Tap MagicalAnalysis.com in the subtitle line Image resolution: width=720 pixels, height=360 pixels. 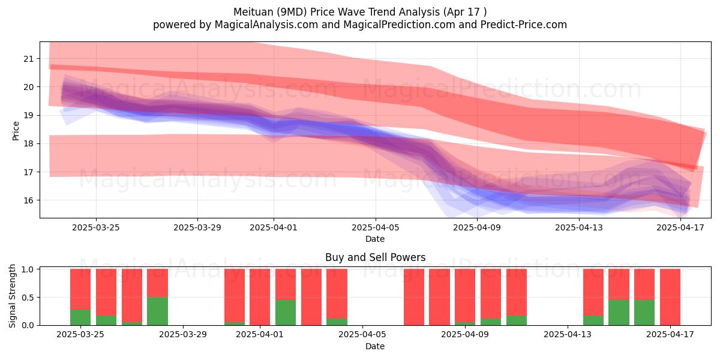tap(266, 25)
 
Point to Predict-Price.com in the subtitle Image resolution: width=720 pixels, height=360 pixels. tap(524, 25)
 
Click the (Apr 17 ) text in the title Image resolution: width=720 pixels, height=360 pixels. tap(465, 12)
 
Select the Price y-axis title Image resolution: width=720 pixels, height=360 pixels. tap(16, 131)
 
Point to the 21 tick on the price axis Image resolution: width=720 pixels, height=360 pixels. tap(28, 59)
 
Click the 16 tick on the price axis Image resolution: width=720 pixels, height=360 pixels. tap(28, 200)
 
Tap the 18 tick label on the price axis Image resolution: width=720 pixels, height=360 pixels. tap(28, 143)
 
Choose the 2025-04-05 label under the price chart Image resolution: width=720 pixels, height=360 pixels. tap(375, 227)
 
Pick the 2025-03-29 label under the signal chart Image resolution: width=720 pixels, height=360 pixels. tap(183, 335)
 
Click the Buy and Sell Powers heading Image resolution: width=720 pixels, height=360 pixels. tap(375, 257)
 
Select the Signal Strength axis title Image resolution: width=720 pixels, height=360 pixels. tap(12, 296)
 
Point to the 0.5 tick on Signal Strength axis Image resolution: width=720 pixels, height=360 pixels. tap(28, 298)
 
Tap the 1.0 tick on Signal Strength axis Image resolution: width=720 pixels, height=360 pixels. tap(28, 269)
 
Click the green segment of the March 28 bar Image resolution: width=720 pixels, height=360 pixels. tap(157, 311)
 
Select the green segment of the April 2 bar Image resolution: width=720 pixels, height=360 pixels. tap(286, 313)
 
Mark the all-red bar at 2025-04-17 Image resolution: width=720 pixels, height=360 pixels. tap(670, 297)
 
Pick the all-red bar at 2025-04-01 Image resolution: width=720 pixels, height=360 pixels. tap(260, 297)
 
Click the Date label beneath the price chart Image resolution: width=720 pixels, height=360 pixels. tap(375, 239)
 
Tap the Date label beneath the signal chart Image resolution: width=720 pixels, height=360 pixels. tap(375, 346)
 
